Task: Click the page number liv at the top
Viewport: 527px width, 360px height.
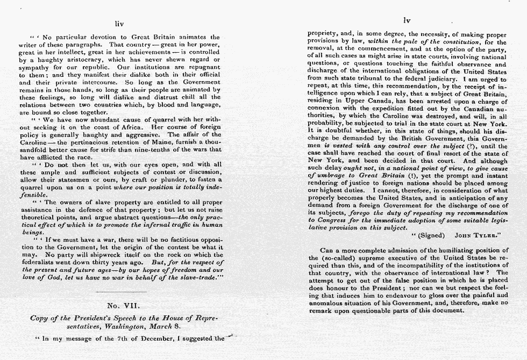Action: pyautogui.click(x=119, y=24)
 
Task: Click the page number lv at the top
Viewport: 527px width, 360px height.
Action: pyautogui.click(x=407, y=20)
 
